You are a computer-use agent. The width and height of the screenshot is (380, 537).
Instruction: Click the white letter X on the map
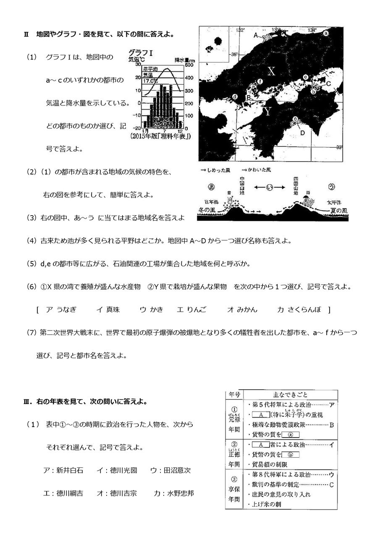[271, 72]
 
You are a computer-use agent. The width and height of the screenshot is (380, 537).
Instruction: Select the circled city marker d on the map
[235, 97]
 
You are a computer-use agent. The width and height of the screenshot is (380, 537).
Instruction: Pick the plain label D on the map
[302, 133]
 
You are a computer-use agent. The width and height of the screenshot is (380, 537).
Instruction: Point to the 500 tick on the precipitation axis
[189, 65]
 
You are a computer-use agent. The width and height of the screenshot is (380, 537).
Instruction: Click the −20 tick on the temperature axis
[136, 128]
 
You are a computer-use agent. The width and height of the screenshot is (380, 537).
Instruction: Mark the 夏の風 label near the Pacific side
[332, 208]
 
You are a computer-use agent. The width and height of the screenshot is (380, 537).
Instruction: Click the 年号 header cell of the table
[234, 395]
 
